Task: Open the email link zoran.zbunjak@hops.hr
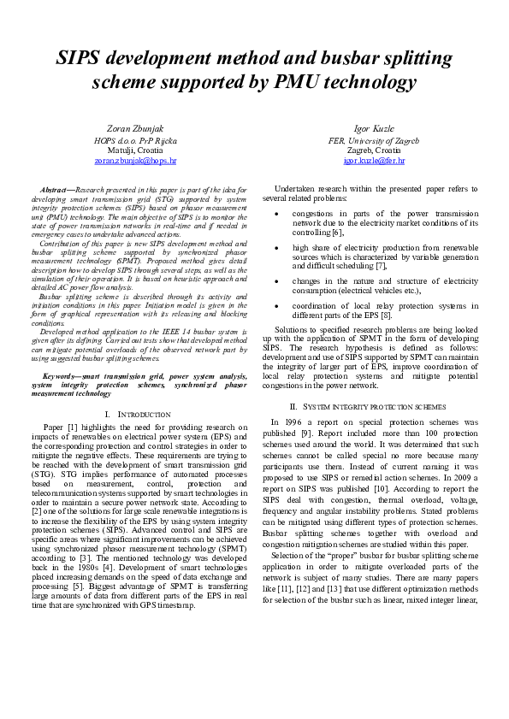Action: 135,160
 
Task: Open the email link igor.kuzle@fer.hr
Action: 373,160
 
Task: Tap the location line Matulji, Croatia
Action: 135,149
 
